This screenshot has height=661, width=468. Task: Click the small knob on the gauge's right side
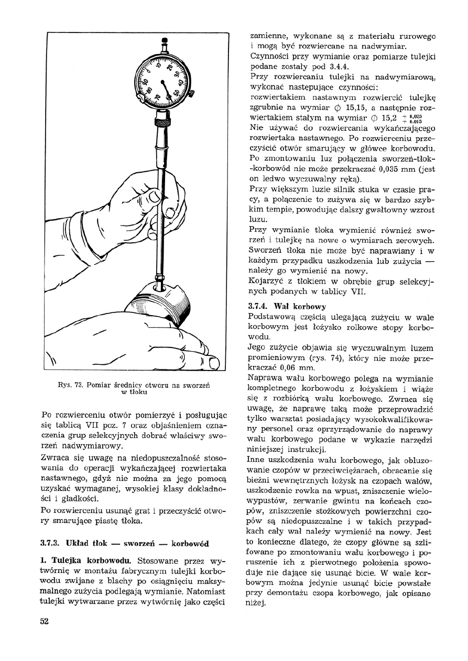191,94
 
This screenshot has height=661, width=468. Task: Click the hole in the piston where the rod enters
160,287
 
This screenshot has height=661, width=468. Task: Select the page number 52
45,621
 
